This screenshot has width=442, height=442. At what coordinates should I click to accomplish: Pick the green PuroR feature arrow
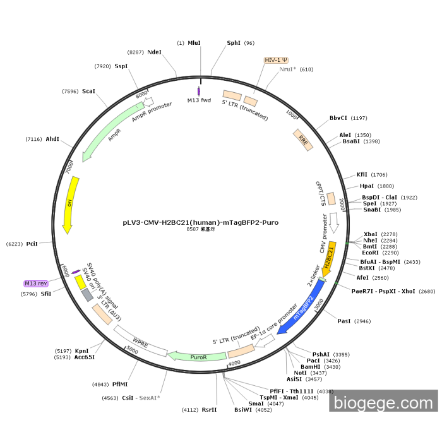pyautogui.click(x=199, y=357)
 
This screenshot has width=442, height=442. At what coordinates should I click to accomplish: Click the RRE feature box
pyautogui.click(x=302, y=138)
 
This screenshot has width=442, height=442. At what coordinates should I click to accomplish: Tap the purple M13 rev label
pyautogui.click(x=36, y=284)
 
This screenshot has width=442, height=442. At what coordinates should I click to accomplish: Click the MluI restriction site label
pyautogui.click(x=194, y=43)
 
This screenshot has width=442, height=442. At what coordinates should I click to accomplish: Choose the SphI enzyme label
pyautogui.click(x=234, y=43)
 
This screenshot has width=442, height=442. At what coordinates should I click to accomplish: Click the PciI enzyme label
pyautogui.click(x=32, y=243)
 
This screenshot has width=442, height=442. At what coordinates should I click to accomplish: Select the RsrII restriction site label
pyautogui.click(x=209, y=409)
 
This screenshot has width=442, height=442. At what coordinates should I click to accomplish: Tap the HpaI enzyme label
pyautogui.click(x=367, y=186)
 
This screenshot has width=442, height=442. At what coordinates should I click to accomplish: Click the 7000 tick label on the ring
pyautogui.click(x=70, y=166)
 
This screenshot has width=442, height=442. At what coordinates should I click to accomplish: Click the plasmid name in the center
pyautogui.click(x=200, y=222)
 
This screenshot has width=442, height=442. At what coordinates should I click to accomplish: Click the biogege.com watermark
pyautogui.click(x=383, y=402)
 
